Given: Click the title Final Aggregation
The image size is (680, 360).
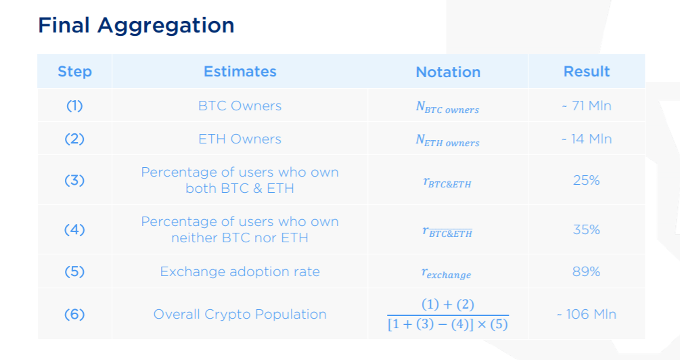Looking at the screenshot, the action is coord(136,26).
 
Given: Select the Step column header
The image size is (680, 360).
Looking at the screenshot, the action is coord(74,72).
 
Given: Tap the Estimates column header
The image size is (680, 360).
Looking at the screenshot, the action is coord(240,72).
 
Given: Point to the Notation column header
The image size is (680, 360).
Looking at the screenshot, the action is coord(448,72).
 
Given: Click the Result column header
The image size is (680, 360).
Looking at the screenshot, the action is coord(587,72).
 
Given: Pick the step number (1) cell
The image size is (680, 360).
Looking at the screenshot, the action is coord(74,106).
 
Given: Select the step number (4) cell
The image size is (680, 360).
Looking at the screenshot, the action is coord(74,229).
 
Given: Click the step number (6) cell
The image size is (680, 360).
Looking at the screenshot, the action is coord(74,314).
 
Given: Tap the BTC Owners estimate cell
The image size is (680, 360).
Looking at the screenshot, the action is coord(240,106).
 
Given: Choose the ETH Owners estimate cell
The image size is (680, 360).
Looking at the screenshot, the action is coord(240,139).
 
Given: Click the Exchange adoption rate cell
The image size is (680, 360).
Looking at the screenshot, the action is coord(240,271).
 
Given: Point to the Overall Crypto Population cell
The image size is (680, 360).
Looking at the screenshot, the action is coord(240,314).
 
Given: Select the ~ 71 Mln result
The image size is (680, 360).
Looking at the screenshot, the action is coord(587,106).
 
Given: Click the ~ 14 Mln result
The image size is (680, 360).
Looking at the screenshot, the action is coord(587,139).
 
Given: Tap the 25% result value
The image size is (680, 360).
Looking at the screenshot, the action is coord(587,180).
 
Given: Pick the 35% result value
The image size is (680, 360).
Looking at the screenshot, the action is coord(587,229).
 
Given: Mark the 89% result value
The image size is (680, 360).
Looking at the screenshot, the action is coord(587,271).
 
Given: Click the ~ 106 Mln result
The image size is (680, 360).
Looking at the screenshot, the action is coord(587,314).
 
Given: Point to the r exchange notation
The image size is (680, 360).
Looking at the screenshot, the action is coord(447,273).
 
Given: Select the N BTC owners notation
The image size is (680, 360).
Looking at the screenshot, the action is coord(447,108).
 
